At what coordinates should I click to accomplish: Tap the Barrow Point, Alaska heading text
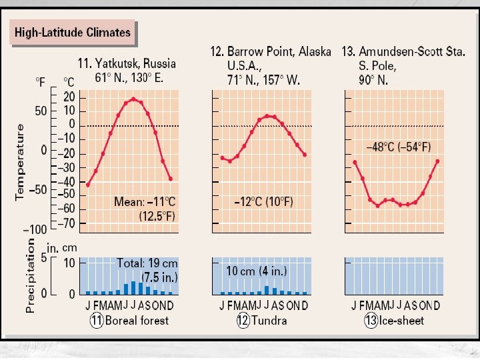tap(270, 51)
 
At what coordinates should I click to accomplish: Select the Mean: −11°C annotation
tap(145, 201)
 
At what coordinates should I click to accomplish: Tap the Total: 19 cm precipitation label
tap(146, 263)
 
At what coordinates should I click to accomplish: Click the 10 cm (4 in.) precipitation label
tap(256, 271)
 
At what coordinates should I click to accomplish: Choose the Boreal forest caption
tap(137, 321)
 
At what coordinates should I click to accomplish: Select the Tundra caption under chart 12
tap(271, 321)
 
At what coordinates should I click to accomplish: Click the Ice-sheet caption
tap(402, 321)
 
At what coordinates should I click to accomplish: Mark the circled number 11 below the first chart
tap(97, 321)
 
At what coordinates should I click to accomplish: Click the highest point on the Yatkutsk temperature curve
tap(133, 99)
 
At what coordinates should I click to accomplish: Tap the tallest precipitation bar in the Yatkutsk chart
tap(133, 287)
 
